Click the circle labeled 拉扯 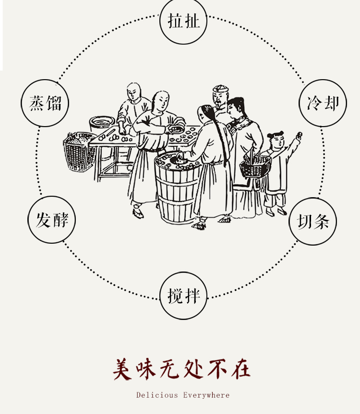(183, 22)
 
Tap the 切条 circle (313, 222)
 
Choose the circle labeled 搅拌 (183, 296)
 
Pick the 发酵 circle (52, 220)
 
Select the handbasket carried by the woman (254, 166)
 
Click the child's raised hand (299, 136)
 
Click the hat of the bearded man (220, 89)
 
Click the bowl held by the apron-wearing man (176, 129)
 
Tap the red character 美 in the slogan (122, 369)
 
